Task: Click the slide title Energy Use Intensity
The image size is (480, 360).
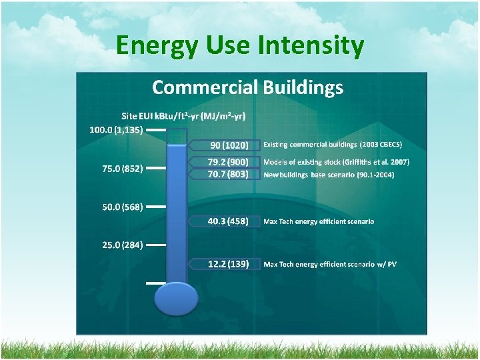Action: pos(240,47)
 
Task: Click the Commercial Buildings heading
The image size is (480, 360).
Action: pos(247,87)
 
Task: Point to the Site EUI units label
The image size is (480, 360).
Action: pos(183,116)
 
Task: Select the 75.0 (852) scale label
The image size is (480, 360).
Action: pos(122,169)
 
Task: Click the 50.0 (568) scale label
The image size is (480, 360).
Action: pos(122,207)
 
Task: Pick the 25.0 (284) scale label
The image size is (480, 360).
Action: pos(122,245)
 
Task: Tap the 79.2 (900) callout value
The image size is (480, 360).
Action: pos(228,162)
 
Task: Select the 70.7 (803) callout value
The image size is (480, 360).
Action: pos(228,174)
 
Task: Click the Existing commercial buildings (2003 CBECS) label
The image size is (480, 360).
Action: pos(333,145)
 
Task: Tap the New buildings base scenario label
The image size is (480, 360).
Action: pos(329,175)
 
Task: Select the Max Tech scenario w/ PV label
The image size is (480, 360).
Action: pos(330,265)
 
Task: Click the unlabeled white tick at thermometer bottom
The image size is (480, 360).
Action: pos(155,283)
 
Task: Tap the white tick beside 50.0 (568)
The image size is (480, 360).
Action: pos(155,207)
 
